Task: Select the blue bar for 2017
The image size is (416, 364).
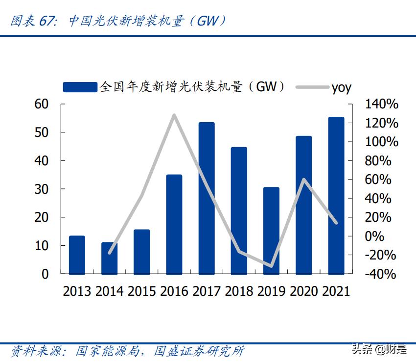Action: click(207, 198)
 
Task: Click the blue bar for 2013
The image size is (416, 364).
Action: click(77, 255)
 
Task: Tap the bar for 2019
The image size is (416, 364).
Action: click(271, 231)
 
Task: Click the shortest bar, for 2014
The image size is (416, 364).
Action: click(109, 258)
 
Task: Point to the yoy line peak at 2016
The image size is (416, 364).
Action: click(174, 115)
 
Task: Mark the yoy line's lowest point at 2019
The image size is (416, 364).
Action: click(271, 266)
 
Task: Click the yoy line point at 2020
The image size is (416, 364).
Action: click(303, 180)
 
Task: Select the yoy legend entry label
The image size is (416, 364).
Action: click(341, 88)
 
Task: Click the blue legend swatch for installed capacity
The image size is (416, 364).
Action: click(80, 87)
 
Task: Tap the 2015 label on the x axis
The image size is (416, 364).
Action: click(142, 291)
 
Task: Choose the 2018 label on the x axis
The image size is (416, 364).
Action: click(239, 291)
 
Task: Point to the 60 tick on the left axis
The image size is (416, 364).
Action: click(42, 104)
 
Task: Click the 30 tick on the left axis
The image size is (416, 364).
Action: click(42, 189)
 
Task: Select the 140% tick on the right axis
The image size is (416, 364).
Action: click(382, 104)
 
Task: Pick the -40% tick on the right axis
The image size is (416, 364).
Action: click(381, 274)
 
